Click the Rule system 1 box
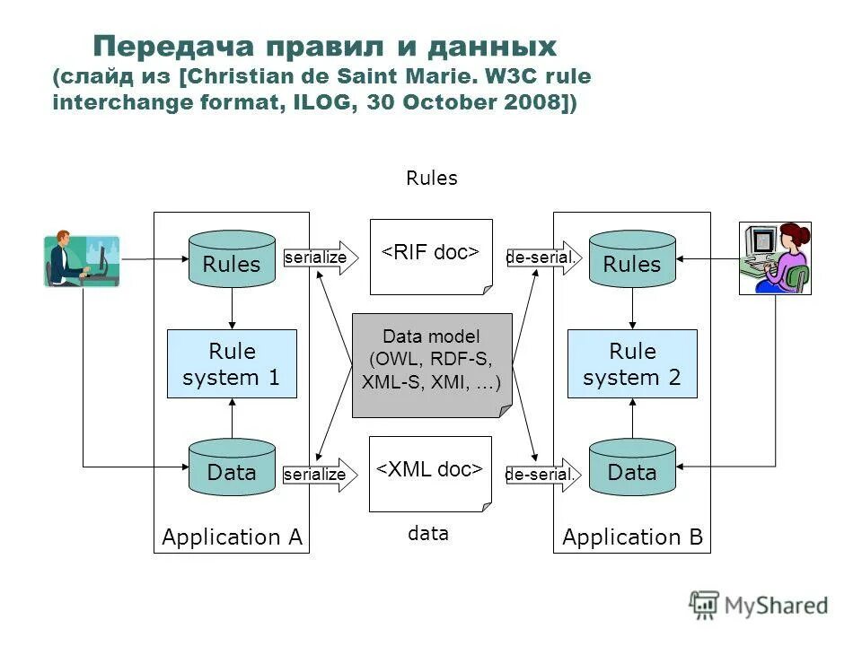point(232,363)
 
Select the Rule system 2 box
point(632,363)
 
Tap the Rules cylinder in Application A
point(232,259)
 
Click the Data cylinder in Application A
point(232,467)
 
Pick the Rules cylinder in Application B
point(632,259)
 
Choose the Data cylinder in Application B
point(632,467)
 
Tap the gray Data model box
point(431,364)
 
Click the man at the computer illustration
point(82,260)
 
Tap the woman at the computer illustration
point(774,258)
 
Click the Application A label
point(232,537)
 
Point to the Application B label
point(632,537)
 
